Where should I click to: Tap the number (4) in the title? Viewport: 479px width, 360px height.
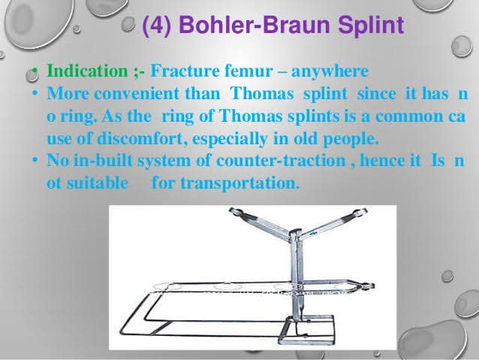coord(157,25)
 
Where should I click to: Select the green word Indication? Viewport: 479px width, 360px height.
coord(87,71)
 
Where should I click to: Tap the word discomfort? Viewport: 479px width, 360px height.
coord(143,138)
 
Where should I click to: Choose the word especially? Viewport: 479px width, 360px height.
coord(230,139)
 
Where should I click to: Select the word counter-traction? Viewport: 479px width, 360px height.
coord(281,160)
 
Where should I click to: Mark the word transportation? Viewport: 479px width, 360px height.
coord(240,183)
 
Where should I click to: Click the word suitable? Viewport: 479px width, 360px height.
coord(98,183)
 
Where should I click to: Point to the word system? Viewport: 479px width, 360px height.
coord(164,162)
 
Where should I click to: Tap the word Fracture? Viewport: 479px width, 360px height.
coord(185,71)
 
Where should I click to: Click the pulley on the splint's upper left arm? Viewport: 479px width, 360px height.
coord(236,212)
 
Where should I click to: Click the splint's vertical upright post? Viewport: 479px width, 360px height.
coord(295,272)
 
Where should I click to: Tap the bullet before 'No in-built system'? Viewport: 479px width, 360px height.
coord(36,159)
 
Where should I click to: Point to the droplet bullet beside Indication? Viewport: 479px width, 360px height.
coord(32,74)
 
